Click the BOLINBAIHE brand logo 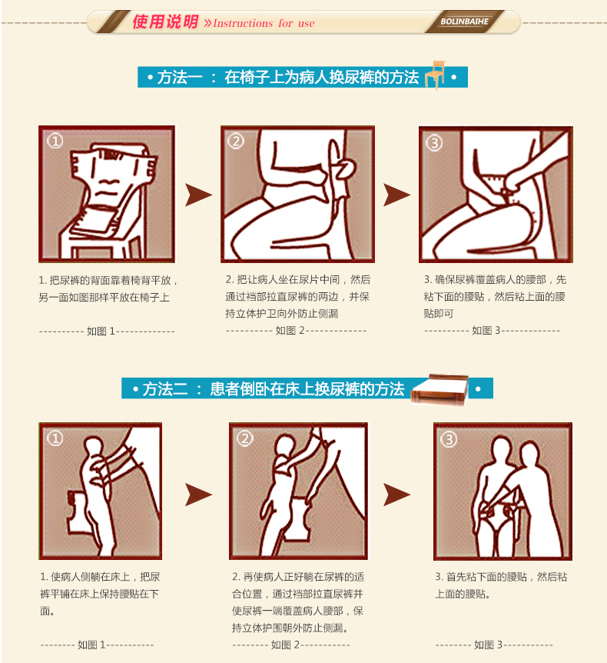point(464,22)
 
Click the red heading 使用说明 point(165,22)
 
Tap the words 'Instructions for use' point(264,23)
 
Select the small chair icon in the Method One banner point(436,75)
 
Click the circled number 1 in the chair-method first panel point(55,141)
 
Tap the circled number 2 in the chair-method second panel point(236,141)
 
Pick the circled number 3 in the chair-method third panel point(434,142)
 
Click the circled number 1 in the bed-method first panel point(55,438)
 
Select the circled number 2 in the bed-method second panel point(245,438)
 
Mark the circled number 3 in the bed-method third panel point(449,439)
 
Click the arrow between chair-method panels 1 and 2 point(198,195)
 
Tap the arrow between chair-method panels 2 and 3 point(396,195)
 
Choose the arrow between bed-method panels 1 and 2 point(198,495)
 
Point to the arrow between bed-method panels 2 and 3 point(396,495)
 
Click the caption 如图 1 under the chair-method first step point(101,331)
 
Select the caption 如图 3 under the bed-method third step point(488,645)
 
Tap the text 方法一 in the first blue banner point(180,78)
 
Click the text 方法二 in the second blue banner point(164,389)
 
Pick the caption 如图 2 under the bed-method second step point(285,645)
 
